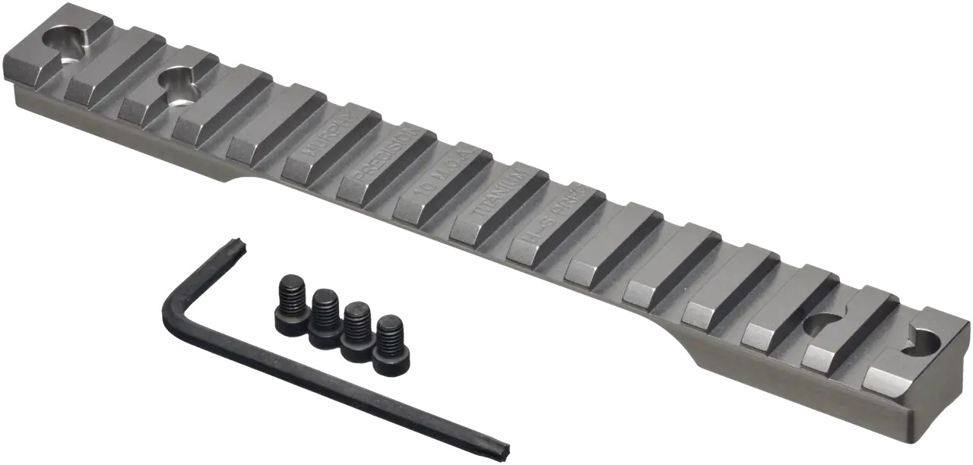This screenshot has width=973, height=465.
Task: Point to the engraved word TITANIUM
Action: tap(496, 196)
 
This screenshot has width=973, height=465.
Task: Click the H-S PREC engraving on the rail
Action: tap(553, 217)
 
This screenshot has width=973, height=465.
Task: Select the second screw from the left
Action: tap(325, 318)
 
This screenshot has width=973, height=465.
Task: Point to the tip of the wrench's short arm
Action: tap(238, 245)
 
